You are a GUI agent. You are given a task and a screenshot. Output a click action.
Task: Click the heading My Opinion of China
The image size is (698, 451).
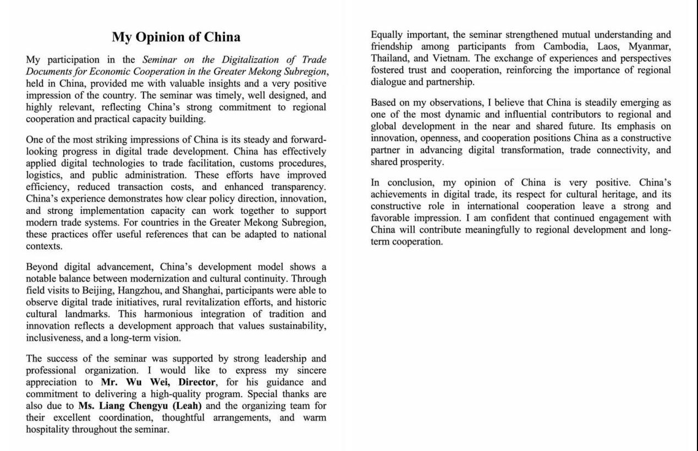(x=176, y=37)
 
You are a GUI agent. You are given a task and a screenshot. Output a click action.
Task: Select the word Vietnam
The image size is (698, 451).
(x=454, y=58)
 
